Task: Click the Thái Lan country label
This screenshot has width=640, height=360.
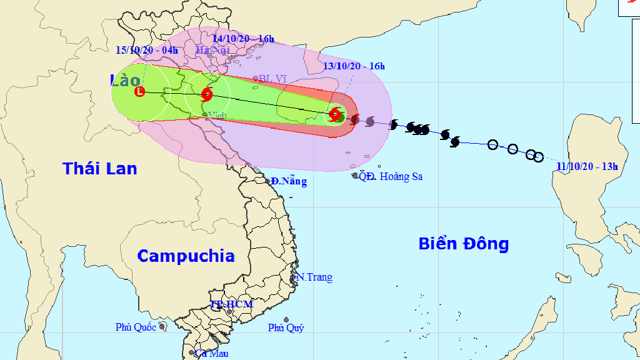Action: click(100, 168)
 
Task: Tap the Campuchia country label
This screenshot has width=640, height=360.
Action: click(186, 256)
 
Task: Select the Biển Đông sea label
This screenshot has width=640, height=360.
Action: click(464, 244)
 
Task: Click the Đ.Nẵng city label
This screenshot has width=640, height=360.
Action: click(289, 182)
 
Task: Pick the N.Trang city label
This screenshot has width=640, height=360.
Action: click(314, 277)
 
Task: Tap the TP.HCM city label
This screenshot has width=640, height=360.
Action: click(231, 304)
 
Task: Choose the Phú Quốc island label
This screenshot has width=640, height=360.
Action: click(136, 327)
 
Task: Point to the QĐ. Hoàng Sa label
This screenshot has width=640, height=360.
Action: click(390, 177)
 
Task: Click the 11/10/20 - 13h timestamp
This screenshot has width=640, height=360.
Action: click(587, 166)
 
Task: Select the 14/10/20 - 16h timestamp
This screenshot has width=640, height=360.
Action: click(243, 39)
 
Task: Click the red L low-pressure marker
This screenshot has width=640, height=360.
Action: click(140, 92)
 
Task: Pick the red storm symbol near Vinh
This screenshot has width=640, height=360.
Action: click(207, 95)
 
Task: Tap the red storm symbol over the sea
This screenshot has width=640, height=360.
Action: click(336, 114)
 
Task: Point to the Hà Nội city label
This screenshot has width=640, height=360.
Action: click(212, 50)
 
